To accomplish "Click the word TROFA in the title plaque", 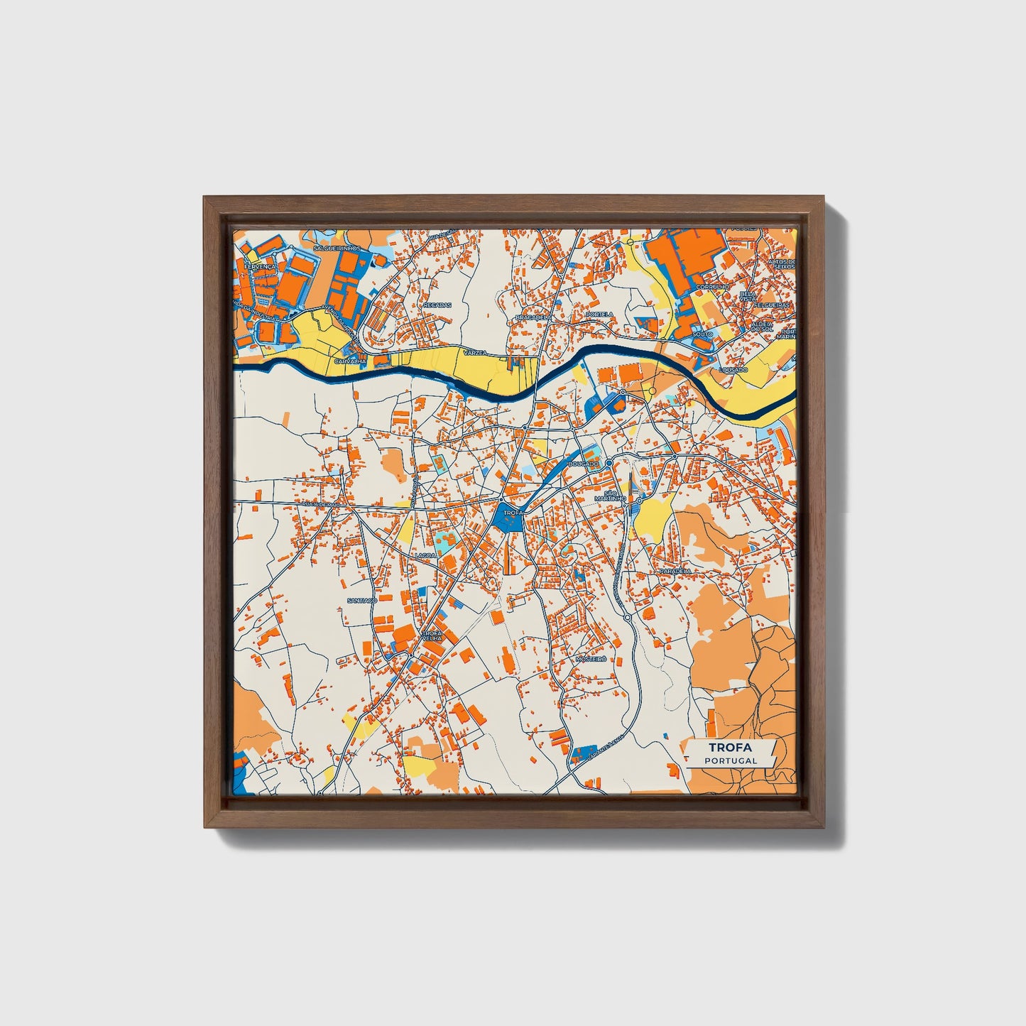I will [x=731, y=748].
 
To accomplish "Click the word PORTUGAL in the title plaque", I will [x=731, y=760].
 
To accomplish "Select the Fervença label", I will [x=258, y=266].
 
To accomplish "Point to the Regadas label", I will [x=437, y=305].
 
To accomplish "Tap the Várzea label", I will [x=473, y=352].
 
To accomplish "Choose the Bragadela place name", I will [x=533, y=317].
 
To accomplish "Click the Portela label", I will [x=599, y=314].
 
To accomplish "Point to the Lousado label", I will [x=733, y=370].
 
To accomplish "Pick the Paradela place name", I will [x=675, y=571].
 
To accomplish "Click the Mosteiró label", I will [x=591, y=659].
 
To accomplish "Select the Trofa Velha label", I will [x=432, y=635].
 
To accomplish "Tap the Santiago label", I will [x=362, y=601].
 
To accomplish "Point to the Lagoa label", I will [x=426, y=555].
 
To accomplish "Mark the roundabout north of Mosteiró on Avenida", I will [x=628, y=618].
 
